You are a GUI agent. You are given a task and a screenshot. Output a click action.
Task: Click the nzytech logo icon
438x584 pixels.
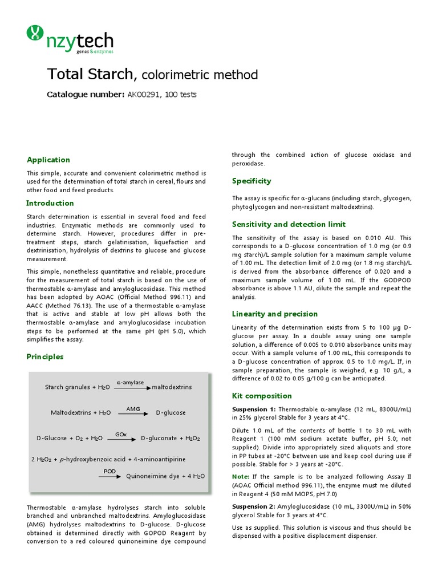(x=35, y=34)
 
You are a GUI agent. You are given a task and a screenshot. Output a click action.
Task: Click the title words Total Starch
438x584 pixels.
(x=91, y=75)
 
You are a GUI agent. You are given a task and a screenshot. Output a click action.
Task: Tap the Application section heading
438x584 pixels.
(x=48, y=160)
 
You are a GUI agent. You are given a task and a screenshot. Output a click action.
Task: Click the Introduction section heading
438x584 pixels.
(x=50, y=203)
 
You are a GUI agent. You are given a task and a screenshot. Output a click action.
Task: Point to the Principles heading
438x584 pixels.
(x=45, y=356)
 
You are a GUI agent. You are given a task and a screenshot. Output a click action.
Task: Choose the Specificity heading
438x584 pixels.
(x=252, y=181)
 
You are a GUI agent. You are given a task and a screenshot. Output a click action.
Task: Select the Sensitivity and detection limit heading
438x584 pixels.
(x=289, y=224)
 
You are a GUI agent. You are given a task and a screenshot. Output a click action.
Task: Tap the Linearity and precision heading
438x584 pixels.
(x=275, y=314)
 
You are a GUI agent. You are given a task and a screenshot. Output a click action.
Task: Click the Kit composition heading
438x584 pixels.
(x=262, y=396)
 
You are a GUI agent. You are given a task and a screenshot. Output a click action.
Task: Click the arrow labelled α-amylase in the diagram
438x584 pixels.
(x=132, y=387)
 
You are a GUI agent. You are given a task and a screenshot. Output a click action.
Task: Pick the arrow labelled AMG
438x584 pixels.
(x=133, y=413)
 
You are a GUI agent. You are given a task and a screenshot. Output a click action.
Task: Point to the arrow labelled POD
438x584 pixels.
(x=110, y=476)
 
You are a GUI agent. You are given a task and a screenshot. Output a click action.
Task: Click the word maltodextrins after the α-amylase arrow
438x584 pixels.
(x=172, y=387)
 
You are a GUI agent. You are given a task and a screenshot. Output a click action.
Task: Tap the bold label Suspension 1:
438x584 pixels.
(x=254, y=409)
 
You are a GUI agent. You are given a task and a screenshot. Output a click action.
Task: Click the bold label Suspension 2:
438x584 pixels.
(x=254, y=506)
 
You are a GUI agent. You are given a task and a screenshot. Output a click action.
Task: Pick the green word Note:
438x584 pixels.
(x=241, y=476)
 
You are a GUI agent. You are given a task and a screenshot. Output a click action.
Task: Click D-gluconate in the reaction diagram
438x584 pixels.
(x=160, y=439)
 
